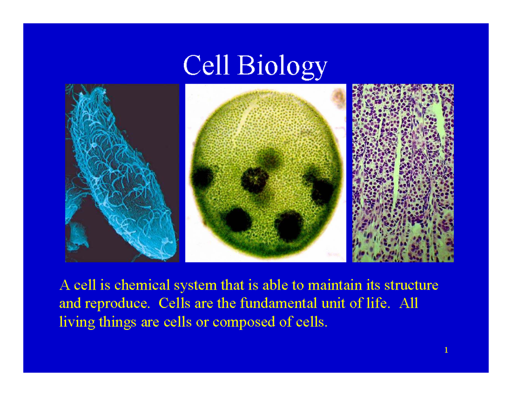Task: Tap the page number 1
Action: pos(446,351)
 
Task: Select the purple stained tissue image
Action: pos(402,173)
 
